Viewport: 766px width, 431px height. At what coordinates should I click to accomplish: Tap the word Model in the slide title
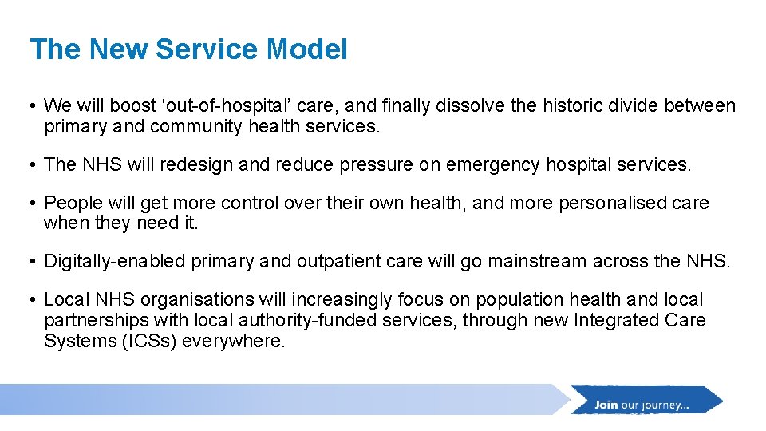pos(307,49)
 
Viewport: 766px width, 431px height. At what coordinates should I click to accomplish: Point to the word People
pos(71,204)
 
